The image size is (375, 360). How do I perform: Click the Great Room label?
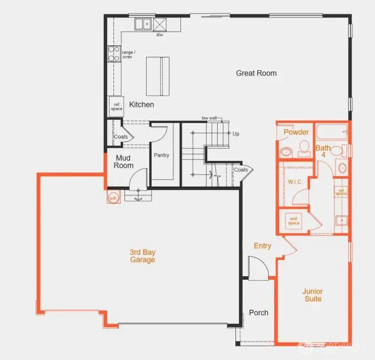click(x=256, y=73)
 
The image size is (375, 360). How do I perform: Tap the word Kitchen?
click(x=142, y=104)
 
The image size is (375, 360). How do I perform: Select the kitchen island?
click(x=158, y=77)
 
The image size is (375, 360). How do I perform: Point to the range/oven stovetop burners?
click(x=114, y=54)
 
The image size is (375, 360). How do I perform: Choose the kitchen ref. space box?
click(x=117, y=106)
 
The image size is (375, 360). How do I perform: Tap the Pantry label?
click(x=161, y=155)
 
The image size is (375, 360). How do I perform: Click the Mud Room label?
click(x=124, y=162)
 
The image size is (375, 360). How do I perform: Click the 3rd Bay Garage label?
click(x=142, y=256)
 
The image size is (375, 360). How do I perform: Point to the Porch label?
click(x=258, y=313)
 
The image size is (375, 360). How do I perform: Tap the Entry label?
click(x=262, y=245)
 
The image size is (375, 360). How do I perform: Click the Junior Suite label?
click(x=312, y=295)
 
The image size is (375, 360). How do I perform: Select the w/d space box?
click(x=294, y=221)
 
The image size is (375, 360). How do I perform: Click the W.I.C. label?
click(x=295, y=182)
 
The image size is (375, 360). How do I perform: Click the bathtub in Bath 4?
click(x=331, y=131)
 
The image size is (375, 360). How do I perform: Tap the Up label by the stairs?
click(x=236, y=134)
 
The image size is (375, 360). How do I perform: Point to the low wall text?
click(x=209, y=118)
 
